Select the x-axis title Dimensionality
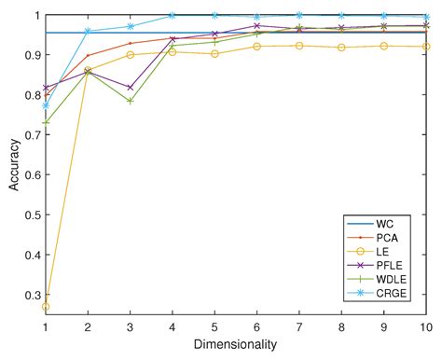(237, 345)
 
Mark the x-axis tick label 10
(426, 329)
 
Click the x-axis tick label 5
(215, 329)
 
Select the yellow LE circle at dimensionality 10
(426, 47)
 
